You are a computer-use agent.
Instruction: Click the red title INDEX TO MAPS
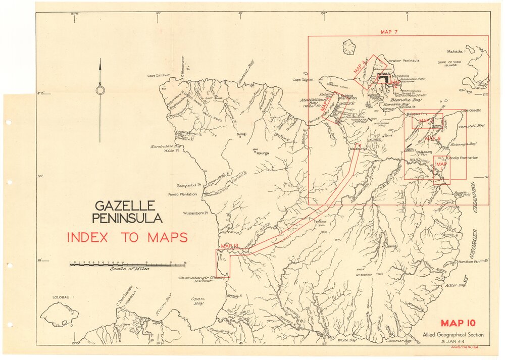coord(127,237)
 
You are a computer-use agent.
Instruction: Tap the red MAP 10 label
coord(458,324)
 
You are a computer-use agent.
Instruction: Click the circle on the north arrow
coord(100,90)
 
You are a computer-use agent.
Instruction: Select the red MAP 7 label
coord(389,32)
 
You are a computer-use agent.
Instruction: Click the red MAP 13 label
coord(229,246)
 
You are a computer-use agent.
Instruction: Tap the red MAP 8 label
coord(432,138)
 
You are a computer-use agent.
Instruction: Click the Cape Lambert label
coord(158,76)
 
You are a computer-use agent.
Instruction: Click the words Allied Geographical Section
coord(453,335)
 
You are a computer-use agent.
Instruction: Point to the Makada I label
coord(455,52)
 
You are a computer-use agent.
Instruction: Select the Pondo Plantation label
coord(185,193)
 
